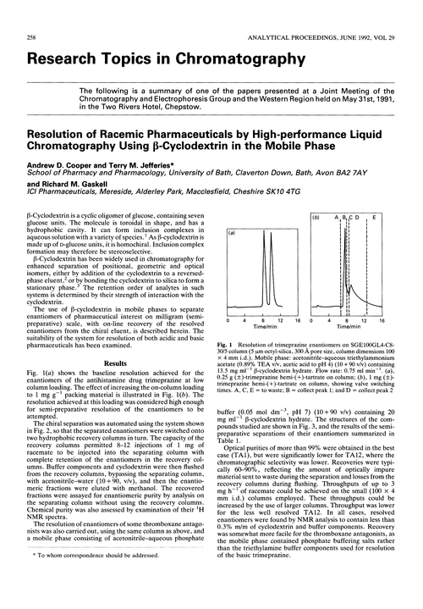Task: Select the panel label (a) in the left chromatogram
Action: (233, 232)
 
